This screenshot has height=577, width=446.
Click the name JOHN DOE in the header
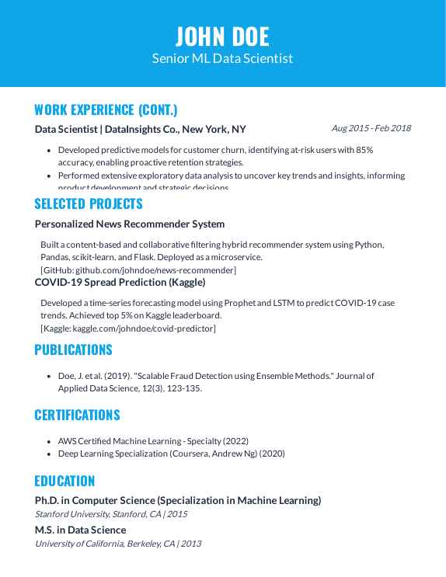222,36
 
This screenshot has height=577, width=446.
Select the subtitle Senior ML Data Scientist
222,58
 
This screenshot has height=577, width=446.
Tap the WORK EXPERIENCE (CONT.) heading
106,109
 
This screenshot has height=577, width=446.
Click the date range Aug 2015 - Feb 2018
371,128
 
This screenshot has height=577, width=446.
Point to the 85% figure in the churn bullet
364,149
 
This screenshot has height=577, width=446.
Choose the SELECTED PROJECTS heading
89,204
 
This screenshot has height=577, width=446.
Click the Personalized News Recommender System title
130,224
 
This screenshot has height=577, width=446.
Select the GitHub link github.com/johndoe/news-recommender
155,269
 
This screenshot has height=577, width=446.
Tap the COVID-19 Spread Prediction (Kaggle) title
120,282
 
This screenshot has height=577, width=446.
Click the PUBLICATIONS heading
73,350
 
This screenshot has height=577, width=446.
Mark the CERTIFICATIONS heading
77,415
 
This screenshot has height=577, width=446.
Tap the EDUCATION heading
64,481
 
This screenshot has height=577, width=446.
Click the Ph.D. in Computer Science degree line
178,500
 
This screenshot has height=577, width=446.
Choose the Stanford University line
111,513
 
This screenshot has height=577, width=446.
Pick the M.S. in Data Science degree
80,530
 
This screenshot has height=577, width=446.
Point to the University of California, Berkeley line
118,543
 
